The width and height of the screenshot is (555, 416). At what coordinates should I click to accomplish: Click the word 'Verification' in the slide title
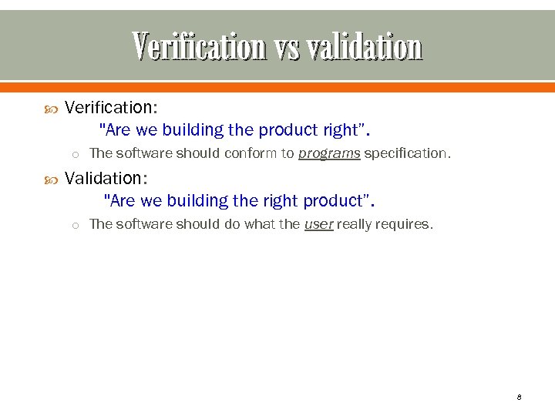pos(199,47)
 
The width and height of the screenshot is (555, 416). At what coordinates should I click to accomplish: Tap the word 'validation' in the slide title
pos(364,47)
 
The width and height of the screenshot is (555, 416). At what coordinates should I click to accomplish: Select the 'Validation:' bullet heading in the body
pos(106,178)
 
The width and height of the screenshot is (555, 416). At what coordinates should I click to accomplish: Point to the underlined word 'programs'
pos(329,153)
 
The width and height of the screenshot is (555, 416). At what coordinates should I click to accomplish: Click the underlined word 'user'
pos(319,224)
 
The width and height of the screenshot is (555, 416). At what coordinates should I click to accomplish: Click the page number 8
pos(519,397)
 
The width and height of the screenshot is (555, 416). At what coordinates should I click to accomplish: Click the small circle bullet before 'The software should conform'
pos(76,154)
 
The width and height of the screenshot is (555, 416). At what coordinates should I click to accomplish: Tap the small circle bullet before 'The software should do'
pos(76,225)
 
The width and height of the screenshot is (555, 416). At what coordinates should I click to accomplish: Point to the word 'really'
pos(354,224)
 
